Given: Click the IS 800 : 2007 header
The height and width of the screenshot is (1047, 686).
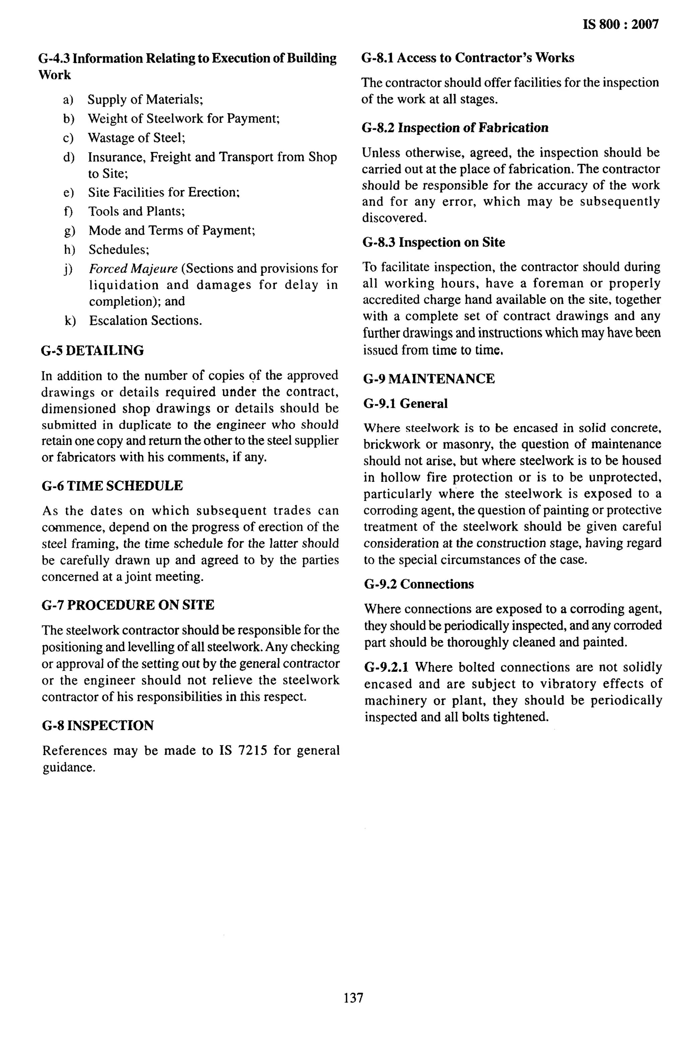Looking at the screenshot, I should [620, 24].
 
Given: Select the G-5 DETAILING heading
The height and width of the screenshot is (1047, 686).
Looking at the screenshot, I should [92, 351].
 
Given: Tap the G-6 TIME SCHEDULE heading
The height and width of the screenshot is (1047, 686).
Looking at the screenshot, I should [112, 486].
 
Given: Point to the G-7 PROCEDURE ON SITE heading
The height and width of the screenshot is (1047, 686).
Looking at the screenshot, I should [128, 605].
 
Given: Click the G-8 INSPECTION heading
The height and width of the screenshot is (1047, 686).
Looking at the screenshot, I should [98, 726].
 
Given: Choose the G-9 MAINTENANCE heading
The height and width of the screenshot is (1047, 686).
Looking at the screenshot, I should [429, 379].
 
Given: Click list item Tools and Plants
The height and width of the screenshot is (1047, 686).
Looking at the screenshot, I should [136, 212].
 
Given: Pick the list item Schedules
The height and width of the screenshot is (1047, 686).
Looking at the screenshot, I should [119, 250].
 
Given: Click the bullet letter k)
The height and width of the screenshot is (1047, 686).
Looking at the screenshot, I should [70, 321].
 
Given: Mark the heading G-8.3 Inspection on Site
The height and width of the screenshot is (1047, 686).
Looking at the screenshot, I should [433, 242].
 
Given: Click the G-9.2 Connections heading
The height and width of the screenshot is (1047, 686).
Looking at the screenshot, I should [419, 584].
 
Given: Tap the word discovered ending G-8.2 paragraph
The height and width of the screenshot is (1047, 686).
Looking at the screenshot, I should [388, 218].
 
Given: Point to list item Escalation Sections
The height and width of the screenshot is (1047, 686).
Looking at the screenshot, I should [146, 321].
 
